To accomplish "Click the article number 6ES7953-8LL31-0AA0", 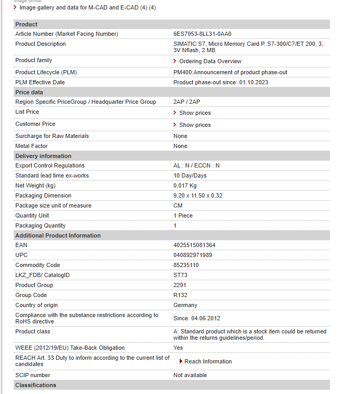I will tap(202, 34).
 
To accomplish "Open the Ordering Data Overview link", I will tap(210, 62).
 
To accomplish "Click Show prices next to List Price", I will tap(194, 113).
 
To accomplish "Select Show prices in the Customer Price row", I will tap(194, 125).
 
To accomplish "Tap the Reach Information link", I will tap(208, 361).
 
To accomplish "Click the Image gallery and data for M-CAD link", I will tap(87, 7).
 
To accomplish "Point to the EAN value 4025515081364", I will tap(194, 245).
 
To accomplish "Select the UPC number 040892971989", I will tap(192, 255).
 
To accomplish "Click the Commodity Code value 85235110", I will tap(186, 265).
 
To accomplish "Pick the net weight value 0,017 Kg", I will tap(184, 185).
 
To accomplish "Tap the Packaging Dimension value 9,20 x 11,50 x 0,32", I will tap(198, 195).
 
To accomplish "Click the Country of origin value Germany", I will tap(185, 305).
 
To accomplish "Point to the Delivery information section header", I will tap(43, 156).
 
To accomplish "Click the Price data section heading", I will tap(29, 92).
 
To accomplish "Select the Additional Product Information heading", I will tap(58, 235).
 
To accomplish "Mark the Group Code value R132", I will tap(180, 295).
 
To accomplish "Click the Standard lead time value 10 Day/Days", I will tap(190, 175).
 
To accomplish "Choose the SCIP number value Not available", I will tap(190, 375).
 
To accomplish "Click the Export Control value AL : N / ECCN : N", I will tap(197, 165).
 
